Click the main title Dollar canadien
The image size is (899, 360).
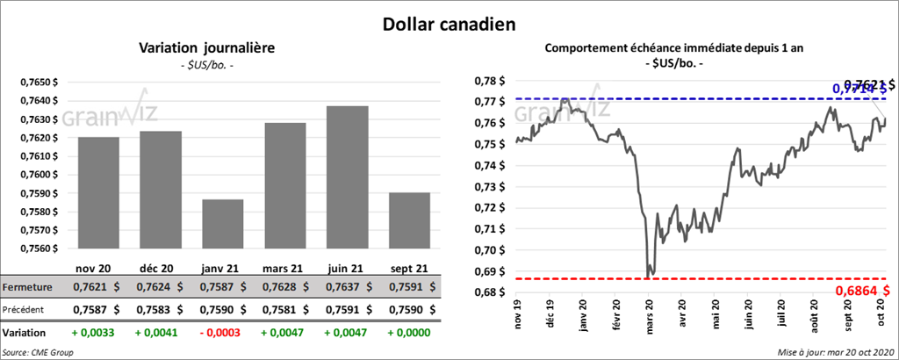(449, 22)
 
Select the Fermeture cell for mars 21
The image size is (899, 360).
(284, 287)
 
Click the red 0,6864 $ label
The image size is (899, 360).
(861, 289)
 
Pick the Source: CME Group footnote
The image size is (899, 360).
(38, 352)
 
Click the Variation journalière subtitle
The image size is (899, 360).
(206, 49)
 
